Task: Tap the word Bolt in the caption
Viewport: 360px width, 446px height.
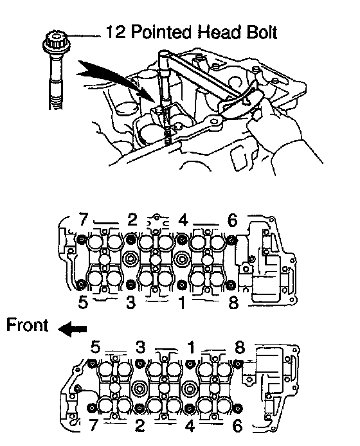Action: tap(261, 32)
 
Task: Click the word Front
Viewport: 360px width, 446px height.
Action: tap(27, 325)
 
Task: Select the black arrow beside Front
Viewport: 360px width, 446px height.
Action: tap(73, 329)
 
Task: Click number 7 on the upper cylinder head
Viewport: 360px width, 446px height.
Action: tap(83, 219)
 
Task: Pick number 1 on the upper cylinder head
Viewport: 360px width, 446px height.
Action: tap(181, 302)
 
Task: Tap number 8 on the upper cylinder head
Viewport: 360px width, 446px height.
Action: tap(233, 302)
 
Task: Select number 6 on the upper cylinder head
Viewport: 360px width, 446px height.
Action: tap(233, 220)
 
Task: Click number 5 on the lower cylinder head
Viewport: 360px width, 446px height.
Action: tap(96, 347)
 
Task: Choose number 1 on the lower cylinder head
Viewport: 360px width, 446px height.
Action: tap(191, 347)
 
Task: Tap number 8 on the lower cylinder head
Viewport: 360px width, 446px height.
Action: tap(240, 347)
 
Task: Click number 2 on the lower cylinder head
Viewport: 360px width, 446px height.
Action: tap(139, 426)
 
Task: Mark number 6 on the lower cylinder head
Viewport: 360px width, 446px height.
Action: tap(237, 426)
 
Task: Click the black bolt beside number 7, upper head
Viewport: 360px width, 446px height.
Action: tap(82, 240)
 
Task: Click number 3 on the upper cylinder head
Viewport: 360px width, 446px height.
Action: tap(130, 302)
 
